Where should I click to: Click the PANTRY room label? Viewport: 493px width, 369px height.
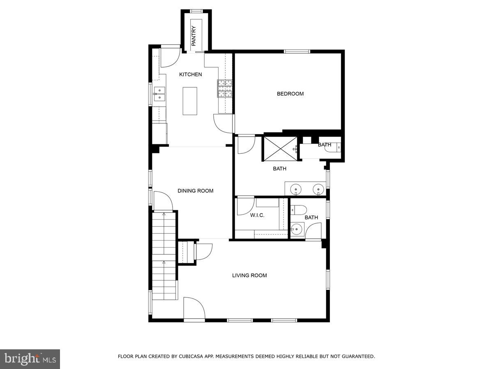[194, 36]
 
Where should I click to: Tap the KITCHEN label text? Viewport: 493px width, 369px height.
[190, 74]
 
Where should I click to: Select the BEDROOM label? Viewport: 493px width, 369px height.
[290, 93]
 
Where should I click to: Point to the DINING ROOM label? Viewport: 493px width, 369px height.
[195, 191]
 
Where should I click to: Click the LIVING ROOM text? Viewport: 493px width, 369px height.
[249, 275]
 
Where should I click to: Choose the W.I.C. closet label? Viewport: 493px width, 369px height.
[257, 215]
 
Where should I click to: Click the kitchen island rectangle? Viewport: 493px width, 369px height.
[190, 101]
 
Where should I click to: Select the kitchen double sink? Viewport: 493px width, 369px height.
[159, 94]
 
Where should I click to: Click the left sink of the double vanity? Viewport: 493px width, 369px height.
[296, 189]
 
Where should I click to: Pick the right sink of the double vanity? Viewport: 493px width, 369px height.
[318, 189]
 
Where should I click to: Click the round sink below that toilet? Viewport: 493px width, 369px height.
[297, 229]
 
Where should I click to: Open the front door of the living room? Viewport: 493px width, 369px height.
[194, 308]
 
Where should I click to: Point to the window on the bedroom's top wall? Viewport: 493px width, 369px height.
[297, 52]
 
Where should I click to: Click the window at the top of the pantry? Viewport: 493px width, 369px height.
[196, 11]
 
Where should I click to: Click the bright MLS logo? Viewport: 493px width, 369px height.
[30, 359]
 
